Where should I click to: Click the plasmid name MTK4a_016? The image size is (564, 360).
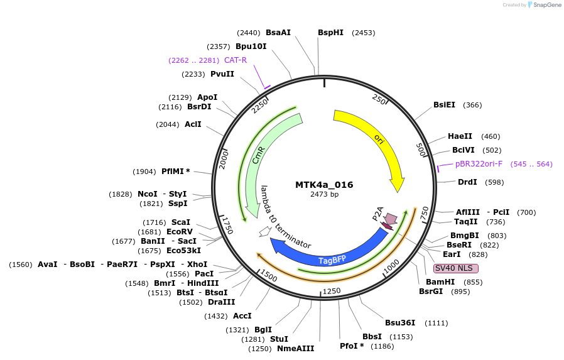pyautogui.click(x=324, y=185)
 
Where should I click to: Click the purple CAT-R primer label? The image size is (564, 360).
pyautogui.click(x=236, y=60)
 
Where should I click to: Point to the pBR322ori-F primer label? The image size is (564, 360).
pyautogui.click(x=479, y=164)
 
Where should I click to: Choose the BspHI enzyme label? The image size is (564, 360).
pyautogui.click(x=330, y=33)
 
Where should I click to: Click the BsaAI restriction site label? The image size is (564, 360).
pyautogui.click(x=278, y=33)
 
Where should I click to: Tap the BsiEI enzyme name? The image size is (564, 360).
pyautogui.click(x=444, y=105)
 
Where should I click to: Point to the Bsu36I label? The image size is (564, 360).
pyautogui.click(x=400, y=322)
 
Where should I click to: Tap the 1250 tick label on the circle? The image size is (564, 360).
pyautogui.click(x=331, y=290)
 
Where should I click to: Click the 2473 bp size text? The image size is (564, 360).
pyautogui.click(x=324, y=195)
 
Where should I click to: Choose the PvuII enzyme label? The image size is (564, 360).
pyautogui.click(x=222, y=74)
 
